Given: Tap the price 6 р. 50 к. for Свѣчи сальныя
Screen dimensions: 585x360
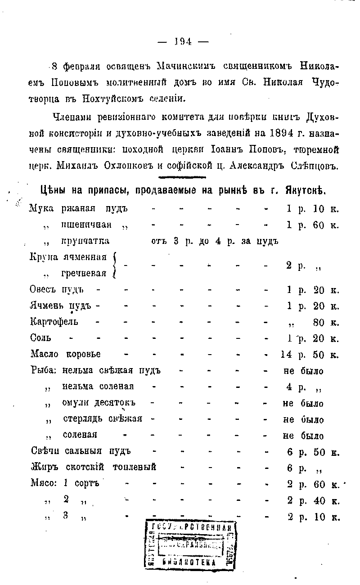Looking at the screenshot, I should coord(312,452).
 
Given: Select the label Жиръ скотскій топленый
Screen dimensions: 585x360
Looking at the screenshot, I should coord(93,468).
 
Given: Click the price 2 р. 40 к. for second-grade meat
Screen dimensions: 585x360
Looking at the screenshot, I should coord(312,500).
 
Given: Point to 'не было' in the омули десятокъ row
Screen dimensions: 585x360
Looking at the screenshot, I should coord(303,403).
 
